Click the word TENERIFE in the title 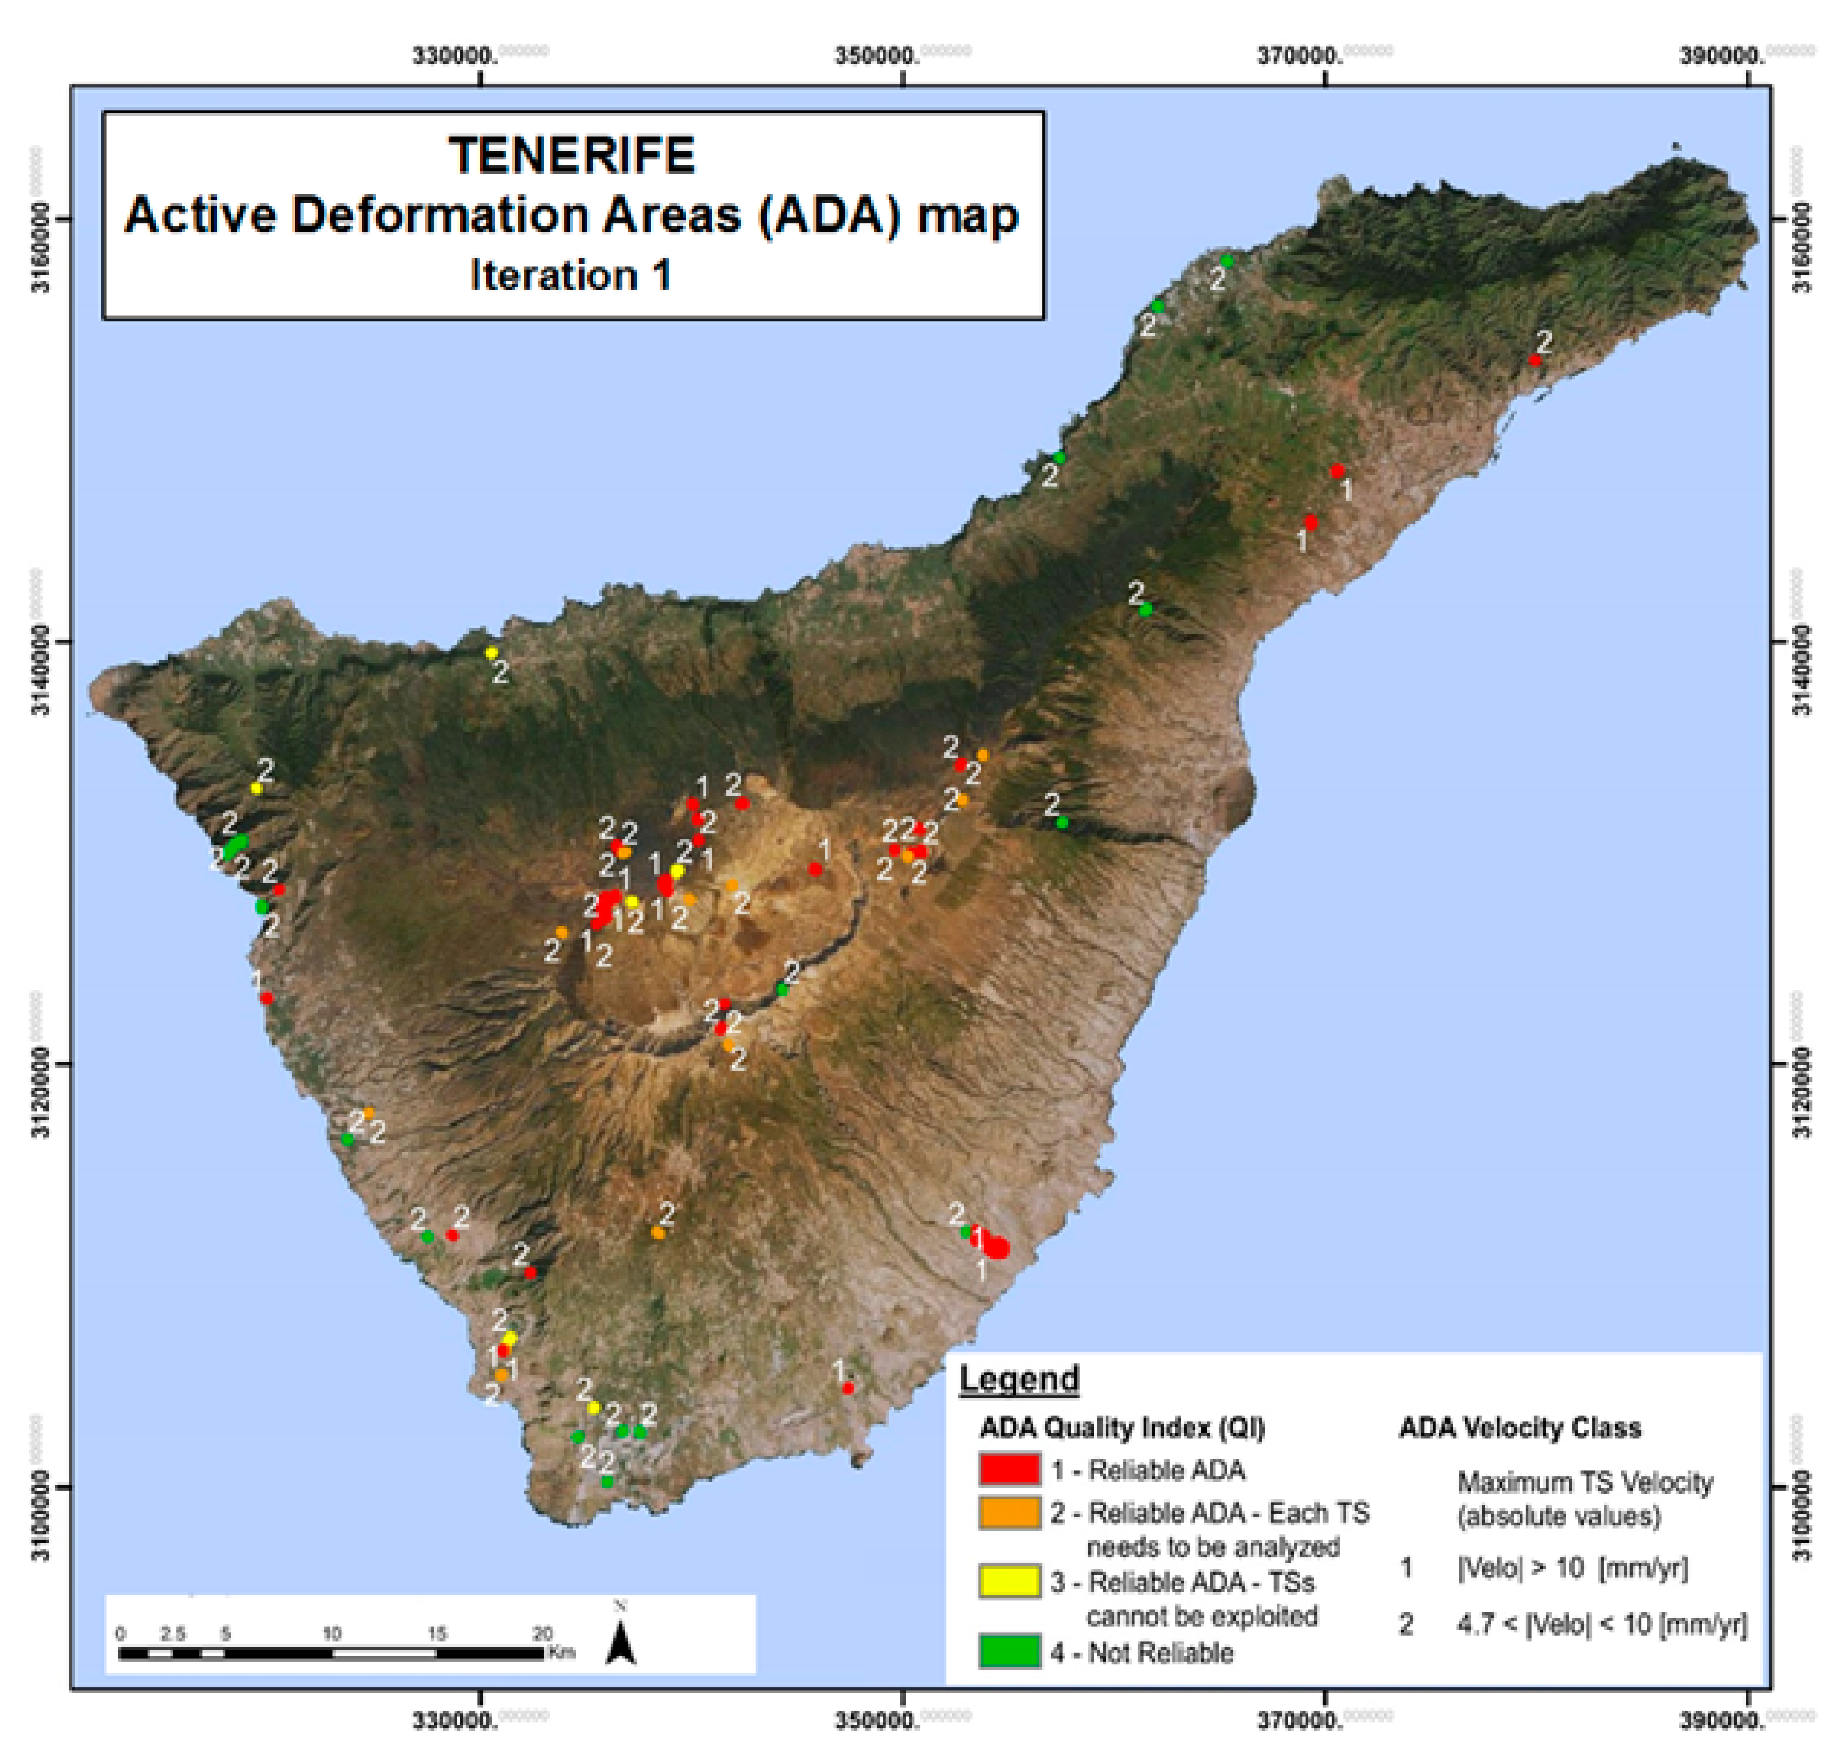pyautogui.click(x=572, y=156)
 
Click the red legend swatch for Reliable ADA pyautogui.click(x=1010, y=1469)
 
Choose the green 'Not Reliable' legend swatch pyautogui.click(x=1010, y=1651)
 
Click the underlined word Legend pyautogui.click(x=1019, y=1379)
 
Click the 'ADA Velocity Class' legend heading pyautogui.click(x=1519, y=1428)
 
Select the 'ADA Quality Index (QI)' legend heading pyautogui.click(x=1122, y=1428)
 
